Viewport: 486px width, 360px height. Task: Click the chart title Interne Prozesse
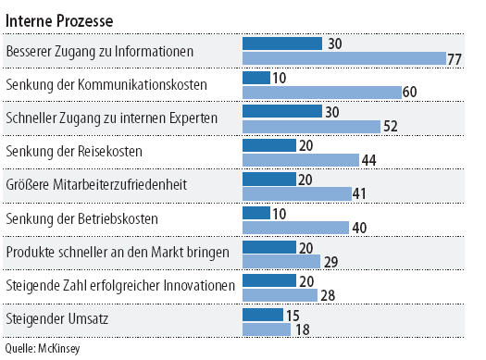pos(59,21)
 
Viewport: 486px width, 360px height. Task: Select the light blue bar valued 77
pos(344,58)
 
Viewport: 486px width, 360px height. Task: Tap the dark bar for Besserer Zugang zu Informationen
pos(282,43)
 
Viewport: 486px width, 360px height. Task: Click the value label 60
pos(409,92)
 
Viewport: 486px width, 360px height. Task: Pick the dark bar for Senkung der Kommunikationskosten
pos(256,78)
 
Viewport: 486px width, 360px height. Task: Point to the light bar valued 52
pos(311,127)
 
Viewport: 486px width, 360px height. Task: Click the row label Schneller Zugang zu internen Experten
pos(112,118)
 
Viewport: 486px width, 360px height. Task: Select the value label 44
pos(368,160)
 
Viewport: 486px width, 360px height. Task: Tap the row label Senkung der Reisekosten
pos(74,152)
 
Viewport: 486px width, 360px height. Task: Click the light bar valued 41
pos(297,193)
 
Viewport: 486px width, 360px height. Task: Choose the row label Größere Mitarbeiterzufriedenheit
pos(96,185)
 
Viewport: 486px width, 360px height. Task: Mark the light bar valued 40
pos(295,228)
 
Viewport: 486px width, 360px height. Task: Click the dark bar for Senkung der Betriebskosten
pos(256,213)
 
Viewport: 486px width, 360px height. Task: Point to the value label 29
pos(331,262)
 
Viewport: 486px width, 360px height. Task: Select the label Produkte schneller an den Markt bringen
pos(118,253)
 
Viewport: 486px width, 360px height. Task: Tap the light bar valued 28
pos(280,295)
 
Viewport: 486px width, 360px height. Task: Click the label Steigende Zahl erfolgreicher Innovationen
pos(120,286)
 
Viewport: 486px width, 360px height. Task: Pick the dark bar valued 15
pos(263,315)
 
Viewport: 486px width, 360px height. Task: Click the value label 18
pos(303,329)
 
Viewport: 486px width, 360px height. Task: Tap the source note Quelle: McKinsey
pos(43,349)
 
